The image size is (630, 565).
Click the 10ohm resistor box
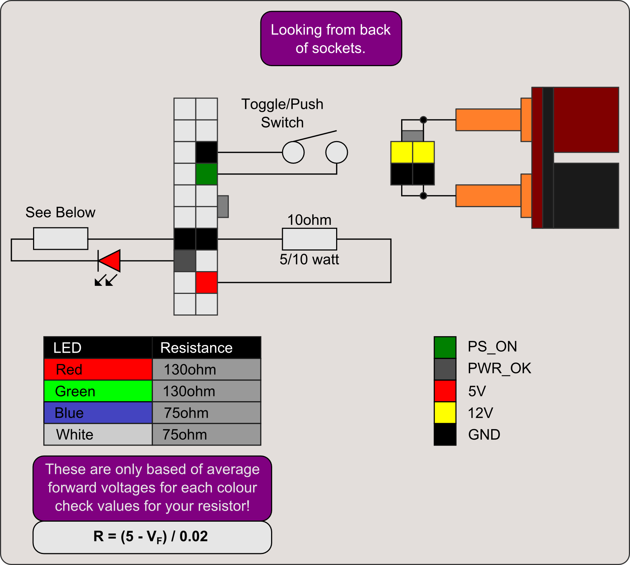click(x=309, y=239)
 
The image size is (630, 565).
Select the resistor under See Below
click(x=61, y=239)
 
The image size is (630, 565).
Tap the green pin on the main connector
click(x=206, y=174)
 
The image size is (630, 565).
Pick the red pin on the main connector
click(x=206, y=282)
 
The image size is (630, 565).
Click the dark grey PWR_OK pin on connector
click(x=185, y=261)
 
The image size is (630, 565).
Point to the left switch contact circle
click(x=293, y=152)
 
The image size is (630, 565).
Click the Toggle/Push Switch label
click(x=282, y=113)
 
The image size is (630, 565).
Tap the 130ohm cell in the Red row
click(x=206, y=369)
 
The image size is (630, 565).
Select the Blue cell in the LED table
click(x=98, y=413)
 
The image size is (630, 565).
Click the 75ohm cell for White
click(x=206, y=435)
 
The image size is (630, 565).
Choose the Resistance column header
click(x=206, y=348)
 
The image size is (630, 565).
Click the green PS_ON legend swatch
click(x=445, y=347)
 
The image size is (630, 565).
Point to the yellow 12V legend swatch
click(x=445, y=413)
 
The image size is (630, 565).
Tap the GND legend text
click(x=484, y=435)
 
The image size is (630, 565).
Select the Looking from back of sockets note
click(x=331, y=39)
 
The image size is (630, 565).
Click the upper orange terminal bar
click(x=488, y=120)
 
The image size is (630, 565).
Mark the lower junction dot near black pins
click(x=423, y=195)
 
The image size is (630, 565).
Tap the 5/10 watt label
click(x=309, y=259)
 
